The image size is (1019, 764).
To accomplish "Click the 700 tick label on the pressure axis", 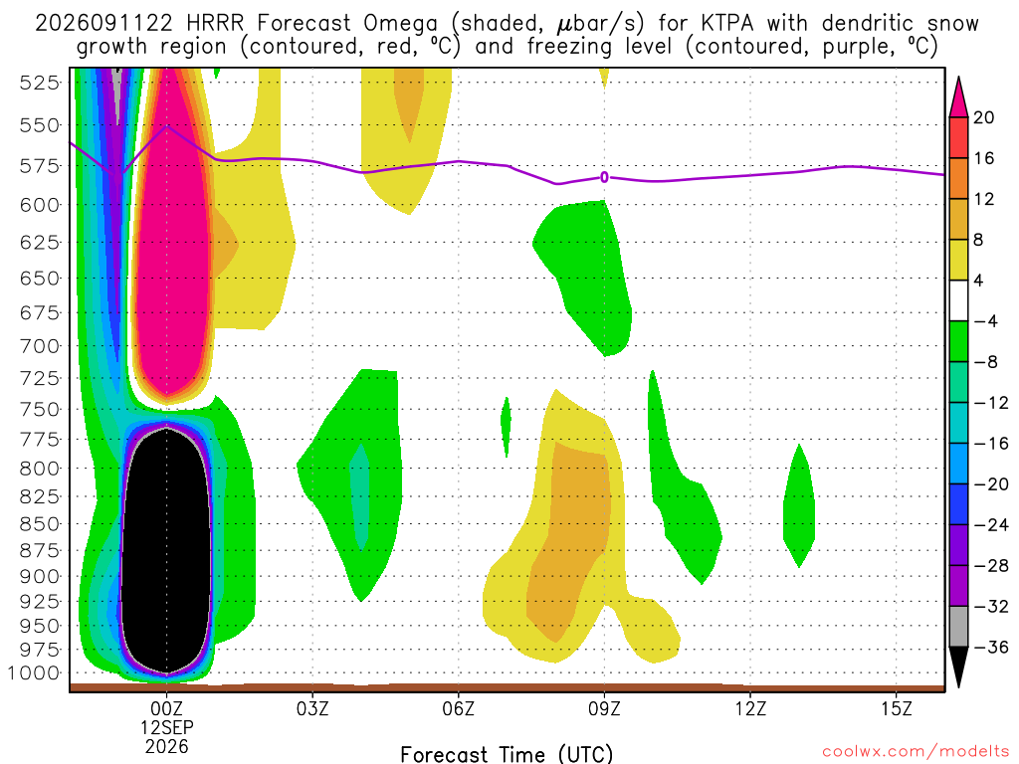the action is coord(39,345).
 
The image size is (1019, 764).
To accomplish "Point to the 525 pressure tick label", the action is coord(39,83).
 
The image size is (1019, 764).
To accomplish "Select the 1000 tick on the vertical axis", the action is coord(33,673).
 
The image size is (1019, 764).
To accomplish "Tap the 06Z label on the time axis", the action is coord(458,708).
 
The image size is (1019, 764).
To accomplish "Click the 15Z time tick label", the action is coord(897,708).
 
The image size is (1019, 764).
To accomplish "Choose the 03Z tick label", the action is coord(312,708).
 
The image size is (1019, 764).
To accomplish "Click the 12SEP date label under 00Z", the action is coord(167,727).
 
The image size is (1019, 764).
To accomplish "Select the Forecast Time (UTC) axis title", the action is coord(507,754).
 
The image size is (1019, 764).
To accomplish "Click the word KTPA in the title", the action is coord(727,24).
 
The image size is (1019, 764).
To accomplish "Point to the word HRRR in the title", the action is coord(215,24).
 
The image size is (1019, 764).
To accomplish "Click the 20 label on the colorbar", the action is coord(983,117).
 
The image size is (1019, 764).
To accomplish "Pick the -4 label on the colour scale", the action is coord(985,321).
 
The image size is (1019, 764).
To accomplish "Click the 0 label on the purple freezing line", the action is coord(604,177).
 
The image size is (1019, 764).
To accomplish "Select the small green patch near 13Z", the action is coord(799,506).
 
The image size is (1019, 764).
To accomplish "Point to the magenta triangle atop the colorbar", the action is coord(958,97).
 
